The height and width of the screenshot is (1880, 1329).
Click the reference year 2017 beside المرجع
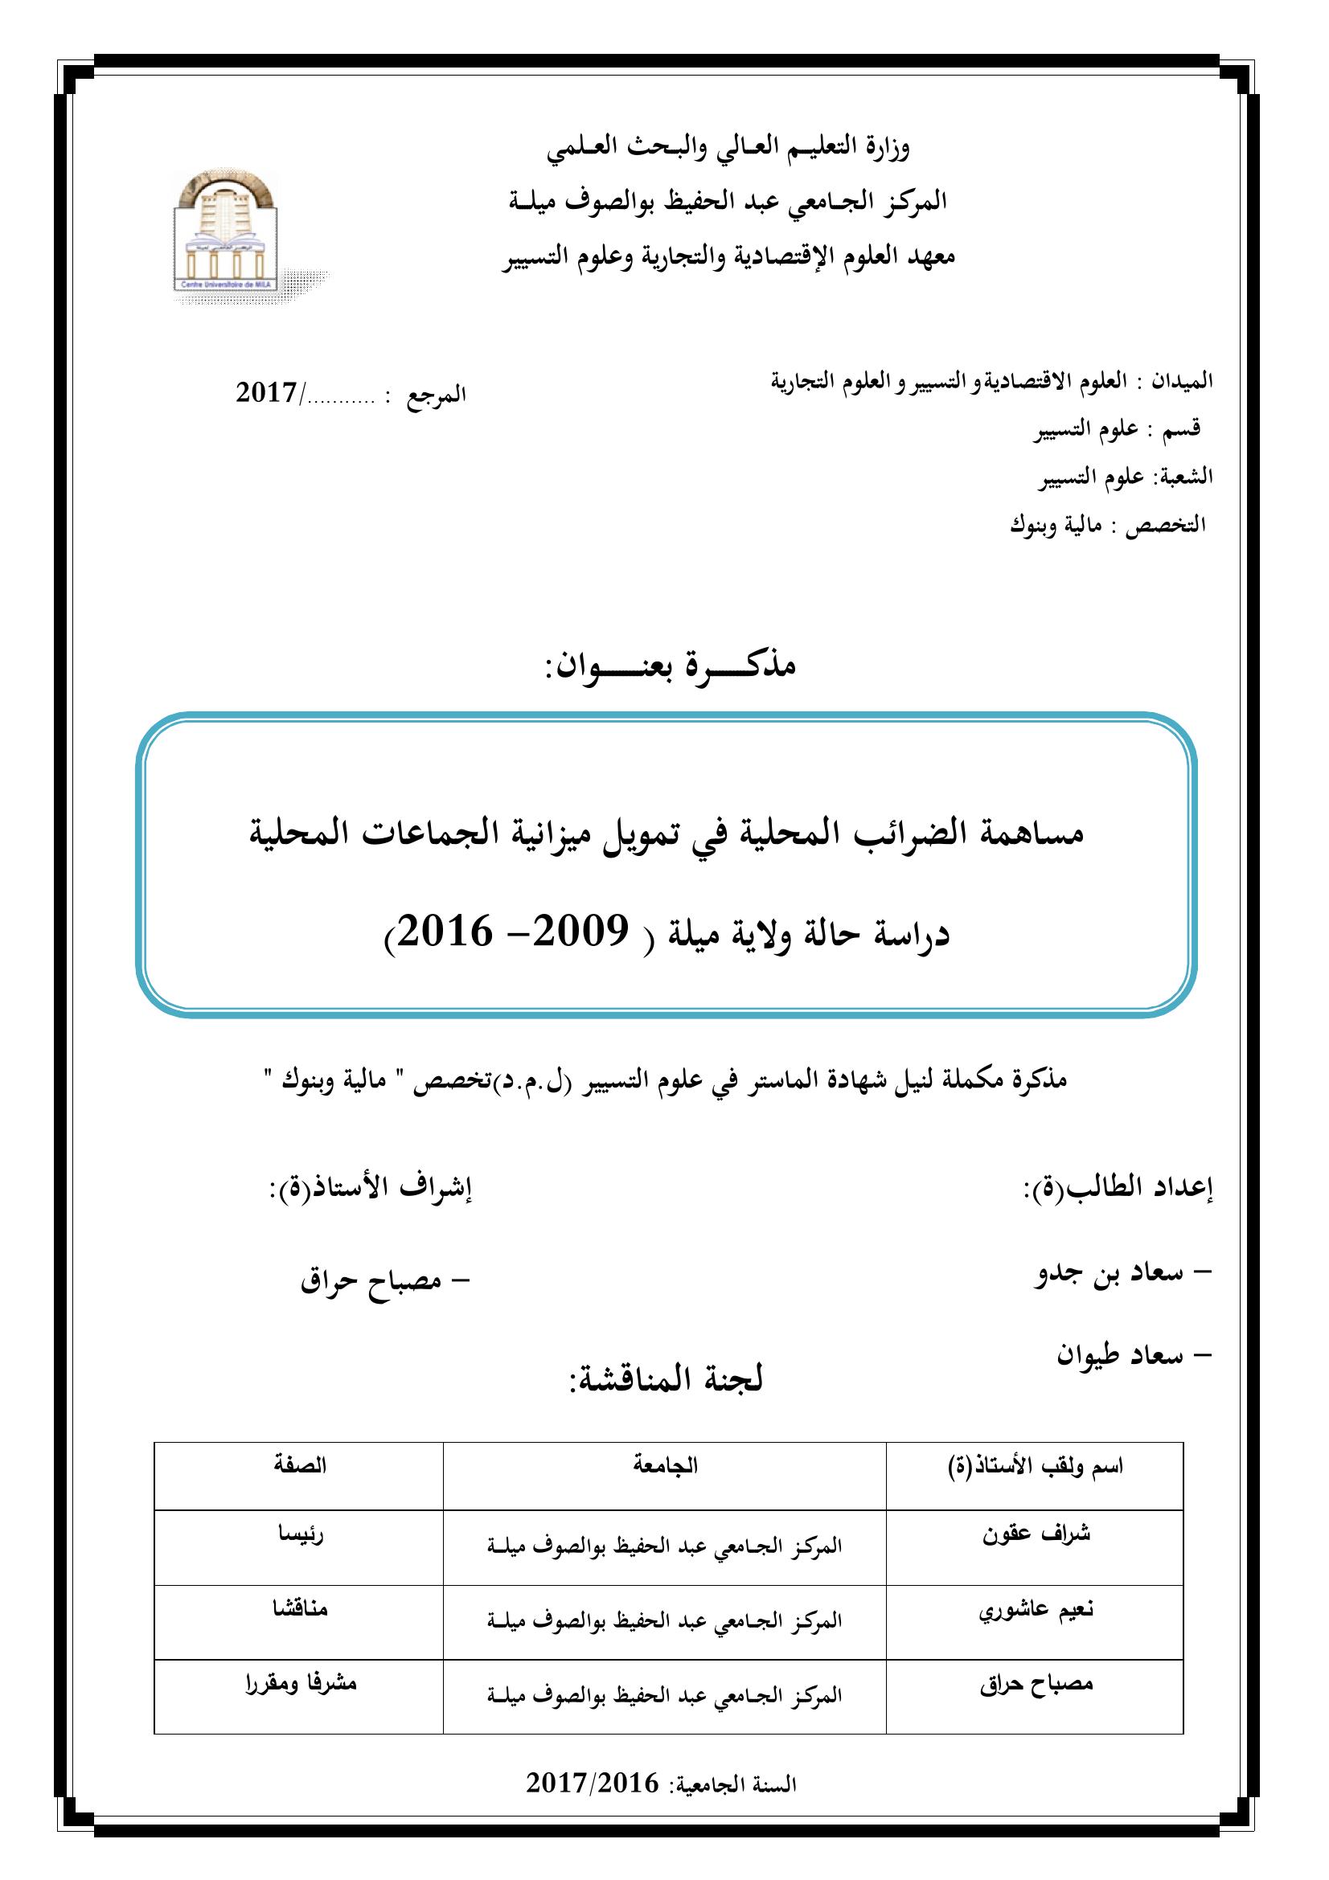[x=266, y=394]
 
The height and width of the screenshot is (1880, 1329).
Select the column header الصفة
[x=300, y=1465]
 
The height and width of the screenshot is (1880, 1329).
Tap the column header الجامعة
[x=665, y=1466]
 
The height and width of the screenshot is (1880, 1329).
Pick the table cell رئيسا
[x=301, y=1534]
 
